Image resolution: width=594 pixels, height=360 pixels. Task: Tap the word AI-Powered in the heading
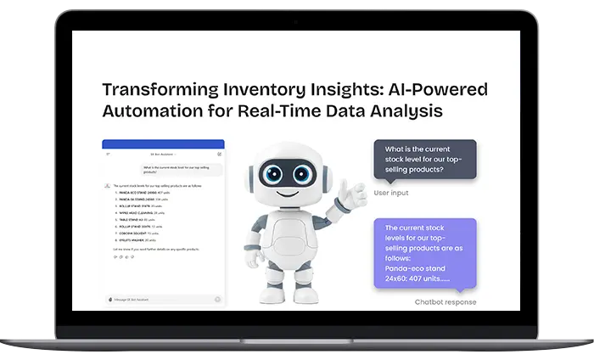442,90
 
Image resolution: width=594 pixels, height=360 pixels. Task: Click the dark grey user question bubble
424,160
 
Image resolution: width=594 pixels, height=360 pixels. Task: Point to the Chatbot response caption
445,302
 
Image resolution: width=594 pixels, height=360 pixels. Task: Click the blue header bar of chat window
163,144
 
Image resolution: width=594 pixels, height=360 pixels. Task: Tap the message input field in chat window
161,299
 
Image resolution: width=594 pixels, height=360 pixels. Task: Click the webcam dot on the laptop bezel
297,20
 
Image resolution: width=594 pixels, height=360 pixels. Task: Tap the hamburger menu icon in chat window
108,155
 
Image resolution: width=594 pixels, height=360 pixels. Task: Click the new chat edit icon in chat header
219,155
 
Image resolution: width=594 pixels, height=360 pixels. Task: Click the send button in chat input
217,299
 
